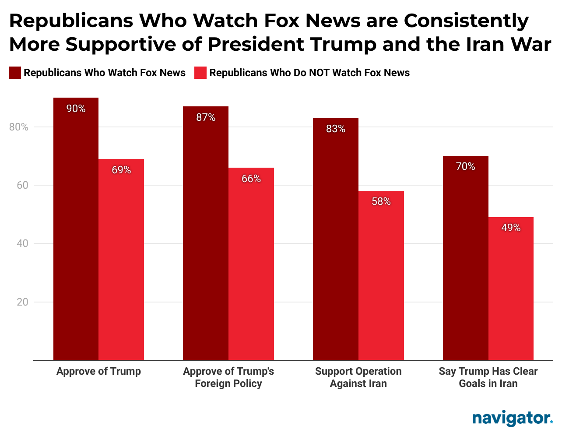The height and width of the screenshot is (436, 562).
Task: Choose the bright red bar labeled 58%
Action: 381,275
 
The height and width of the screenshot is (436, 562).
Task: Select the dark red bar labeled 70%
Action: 466,258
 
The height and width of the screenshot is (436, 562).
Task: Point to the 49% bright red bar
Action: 511,288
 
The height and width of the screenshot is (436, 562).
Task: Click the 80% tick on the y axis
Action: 18,127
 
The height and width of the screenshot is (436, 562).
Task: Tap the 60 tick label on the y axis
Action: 22,185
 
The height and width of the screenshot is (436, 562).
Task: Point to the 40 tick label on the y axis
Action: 22,243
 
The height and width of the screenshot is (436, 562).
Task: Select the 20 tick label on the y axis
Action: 22,302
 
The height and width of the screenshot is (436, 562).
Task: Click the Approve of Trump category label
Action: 98,371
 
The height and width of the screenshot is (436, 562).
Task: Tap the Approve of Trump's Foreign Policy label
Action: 228,377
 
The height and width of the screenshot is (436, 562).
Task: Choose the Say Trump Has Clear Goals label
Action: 488,377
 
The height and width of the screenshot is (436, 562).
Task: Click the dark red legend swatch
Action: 15,73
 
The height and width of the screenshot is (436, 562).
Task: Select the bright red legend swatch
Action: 200,73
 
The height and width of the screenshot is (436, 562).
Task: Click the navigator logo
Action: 512,418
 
